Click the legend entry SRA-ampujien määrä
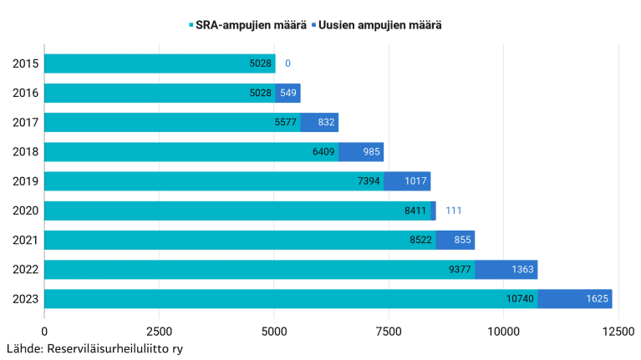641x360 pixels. coord(247,25)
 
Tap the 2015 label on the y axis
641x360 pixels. coord(25,63)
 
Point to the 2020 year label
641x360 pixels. coord(25,210)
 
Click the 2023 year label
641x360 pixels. coord(25,299)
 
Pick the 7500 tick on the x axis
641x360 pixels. coord(389,332)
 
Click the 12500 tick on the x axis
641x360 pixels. coord(618,332)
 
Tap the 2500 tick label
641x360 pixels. coord(159,332)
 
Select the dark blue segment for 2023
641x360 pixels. coord(574,299)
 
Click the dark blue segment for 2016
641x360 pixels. coord(287,93)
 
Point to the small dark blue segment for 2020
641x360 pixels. coord(433,210)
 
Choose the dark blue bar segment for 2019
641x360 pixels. coord(407,181)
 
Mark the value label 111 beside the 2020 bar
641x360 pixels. coord(455,210)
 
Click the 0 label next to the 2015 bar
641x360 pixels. coord(287,63)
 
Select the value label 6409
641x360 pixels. coord(323,152)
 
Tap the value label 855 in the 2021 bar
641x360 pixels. coord(460,240)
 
